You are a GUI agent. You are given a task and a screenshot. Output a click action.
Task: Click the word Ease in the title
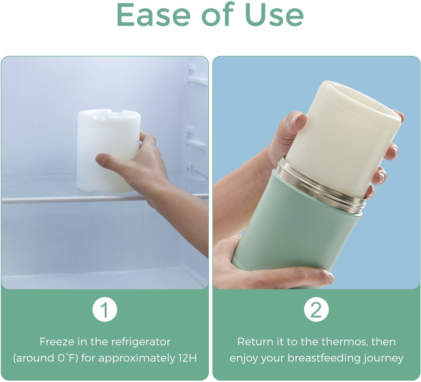click(154, 15)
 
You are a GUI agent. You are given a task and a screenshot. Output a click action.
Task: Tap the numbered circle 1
click(105, 310)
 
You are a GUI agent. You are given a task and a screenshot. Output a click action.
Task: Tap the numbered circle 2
click(316, 310)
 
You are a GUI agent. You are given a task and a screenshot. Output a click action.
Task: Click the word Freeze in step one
click(57, 342)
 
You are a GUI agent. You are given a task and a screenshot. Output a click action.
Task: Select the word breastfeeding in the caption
click(324, 358)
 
